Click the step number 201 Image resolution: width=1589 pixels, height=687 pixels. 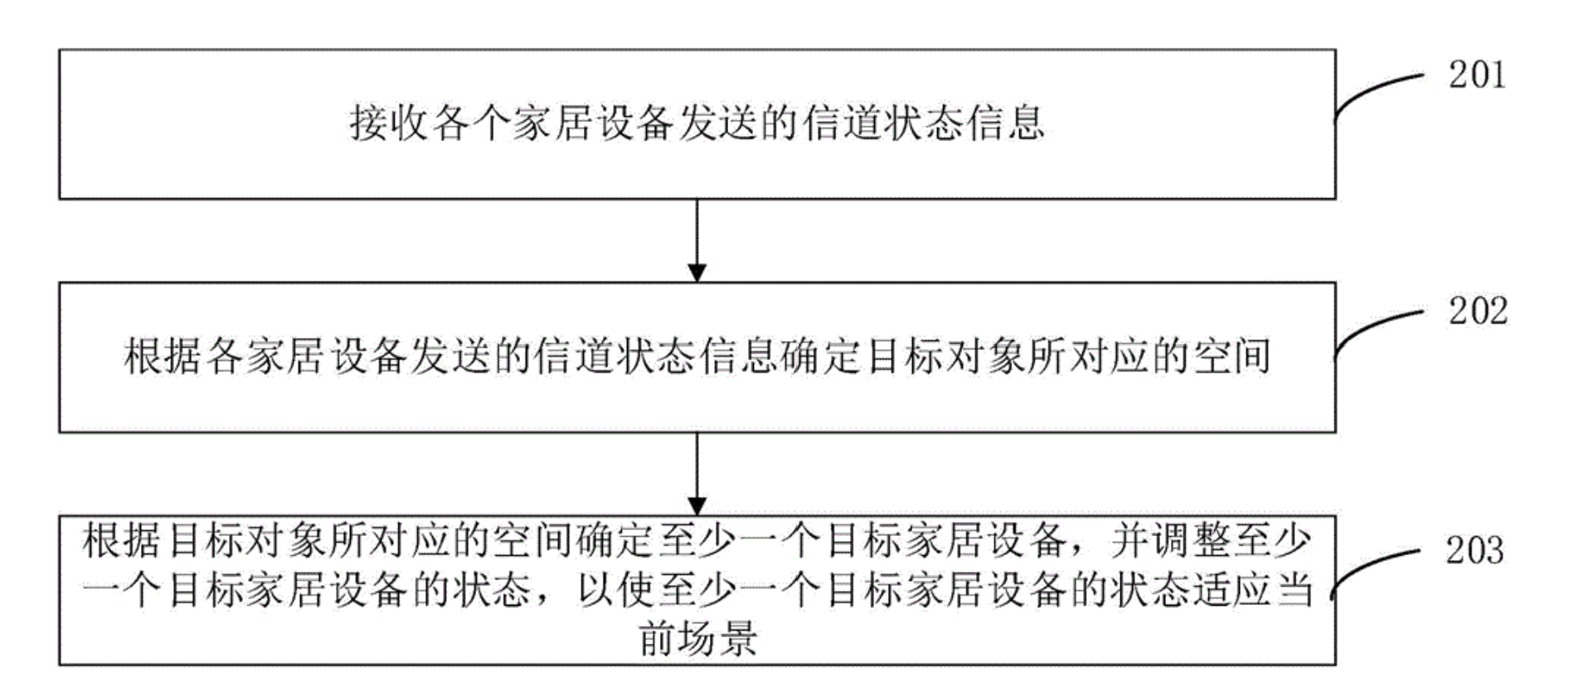[x=1476, y=76]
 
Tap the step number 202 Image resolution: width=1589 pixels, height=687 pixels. [x=1477, y=312]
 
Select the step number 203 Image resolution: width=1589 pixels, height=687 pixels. [x=1474, y=551]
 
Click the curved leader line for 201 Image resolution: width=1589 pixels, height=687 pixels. [x=1377, y=91]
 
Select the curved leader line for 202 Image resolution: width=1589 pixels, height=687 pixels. [x=1377, y=328]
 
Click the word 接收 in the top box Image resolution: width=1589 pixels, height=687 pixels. [x=388, y=124]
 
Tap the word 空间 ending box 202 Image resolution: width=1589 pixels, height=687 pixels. [x=1231, y=358]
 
